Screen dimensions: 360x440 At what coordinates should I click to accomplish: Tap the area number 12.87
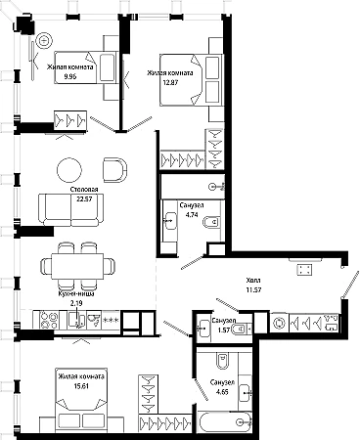pos(171,82)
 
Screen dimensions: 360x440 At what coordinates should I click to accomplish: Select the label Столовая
pos(84,190)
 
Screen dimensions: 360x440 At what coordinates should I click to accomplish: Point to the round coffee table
pos(69,170)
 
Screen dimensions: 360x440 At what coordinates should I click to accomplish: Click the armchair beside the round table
pos(114,170)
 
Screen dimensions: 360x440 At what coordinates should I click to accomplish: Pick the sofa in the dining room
pos(70,210)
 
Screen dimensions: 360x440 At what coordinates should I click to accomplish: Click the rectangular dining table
pos(77,266)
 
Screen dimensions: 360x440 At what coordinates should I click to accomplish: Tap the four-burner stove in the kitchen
pos(49,320)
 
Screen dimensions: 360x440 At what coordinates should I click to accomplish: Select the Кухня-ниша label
pos(76,293)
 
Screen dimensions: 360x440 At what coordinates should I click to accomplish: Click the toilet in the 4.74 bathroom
pos(210,222)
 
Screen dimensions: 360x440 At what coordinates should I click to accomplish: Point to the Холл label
pos(253,280)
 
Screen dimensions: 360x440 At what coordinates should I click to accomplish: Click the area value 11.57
pos(254,289)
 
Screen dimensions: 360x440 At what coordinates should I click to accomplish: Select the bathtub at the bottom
pos(224,421)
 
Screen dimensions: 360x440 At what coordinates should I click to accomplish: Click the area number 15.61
pos(81,386)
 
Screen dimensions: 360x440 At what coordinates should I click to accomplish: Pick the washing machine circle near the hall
pos(280,323)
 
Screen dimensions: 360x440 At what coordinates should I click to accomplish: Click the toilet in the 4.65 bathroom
pos(223,361)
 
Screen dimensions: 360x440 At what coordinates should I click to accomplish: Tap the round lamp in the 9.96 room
pos(44,41)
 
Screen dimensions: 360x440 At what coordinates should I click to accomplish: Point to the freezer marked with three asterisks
pos(112,320)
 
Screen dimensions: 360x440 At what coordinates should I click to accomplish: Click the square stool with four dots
pos(304,270)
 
